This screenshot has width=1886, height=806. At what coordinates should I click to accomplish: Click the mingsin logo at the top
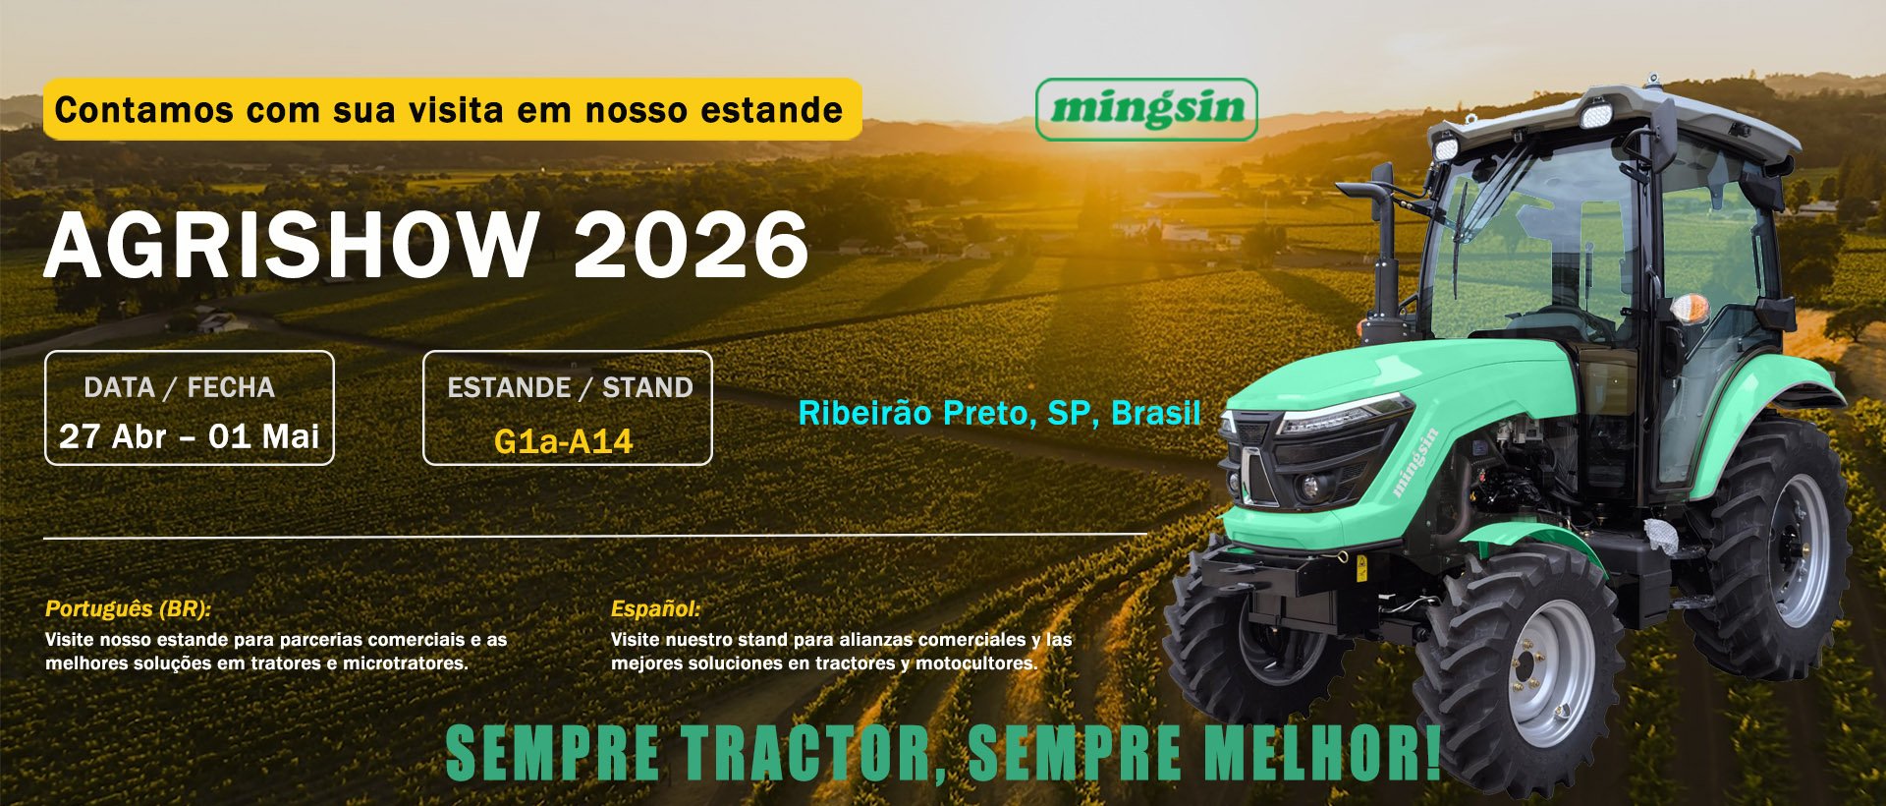(x=1146, y=109)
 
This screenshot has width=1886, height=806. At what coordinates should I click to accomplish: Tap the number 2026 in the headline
(x=692, y=245)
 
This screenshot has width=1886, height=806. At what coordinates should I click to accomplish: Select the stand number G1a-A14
(x=563, y=441)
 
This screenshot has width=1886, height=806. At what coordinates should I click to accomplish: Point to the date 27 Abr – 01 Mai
(x=190, y=435)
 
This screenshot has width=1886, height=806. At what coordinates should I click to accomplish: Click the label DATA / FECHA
(x=179, y=387)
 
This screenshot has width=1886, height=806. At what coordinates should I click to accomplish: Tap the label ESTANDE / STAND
(x=570, y=387)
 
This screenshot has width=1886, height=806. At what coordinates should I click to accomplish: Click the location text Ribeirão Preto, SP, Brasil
(x=999, y=413)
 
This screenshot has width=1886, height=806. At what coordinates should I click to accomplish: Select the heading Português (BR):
(x=129, y=608)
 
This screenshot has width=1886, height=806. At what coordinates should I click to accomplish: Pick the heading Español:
(x=656, y=608)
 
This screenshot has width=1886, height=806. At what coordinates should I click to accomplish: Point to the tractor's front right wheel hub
(x=1544, y=672)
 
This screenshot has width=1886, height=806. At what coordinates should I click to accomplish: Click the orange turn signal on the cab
(x=1690, y=308)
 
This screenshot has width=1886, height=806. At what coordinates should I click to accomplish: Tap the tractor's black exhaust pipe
(x=1381, y=246)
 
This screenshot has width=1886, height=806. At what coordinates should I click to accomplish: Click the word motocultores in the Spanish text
(x=975, y=663)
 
